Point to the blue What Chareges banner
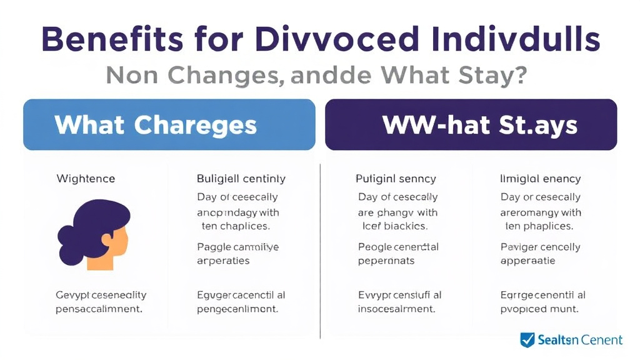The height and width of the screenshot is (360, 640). coord(169,124)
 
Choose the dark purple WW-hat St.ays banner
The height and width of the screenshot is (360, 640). coord(471,124)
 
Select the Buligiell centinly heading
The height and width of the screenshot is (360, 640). coord(241,179)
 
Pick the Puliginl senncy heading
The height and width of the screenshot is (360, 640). coord(396,179)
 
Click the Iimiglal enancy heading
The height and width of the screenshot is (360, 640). coord(541,179)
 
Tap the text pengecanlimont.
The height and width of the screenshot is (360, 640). coord(237,309)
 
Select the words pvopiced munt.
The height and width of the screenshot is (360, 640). coord(539,309)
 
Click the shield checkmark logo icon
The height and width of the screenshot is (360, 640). coord(528,340)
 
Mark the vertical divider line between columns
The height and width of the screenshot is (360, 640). coord(321,250)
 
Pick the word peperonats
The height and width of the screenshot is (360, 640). coord(386,261)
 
